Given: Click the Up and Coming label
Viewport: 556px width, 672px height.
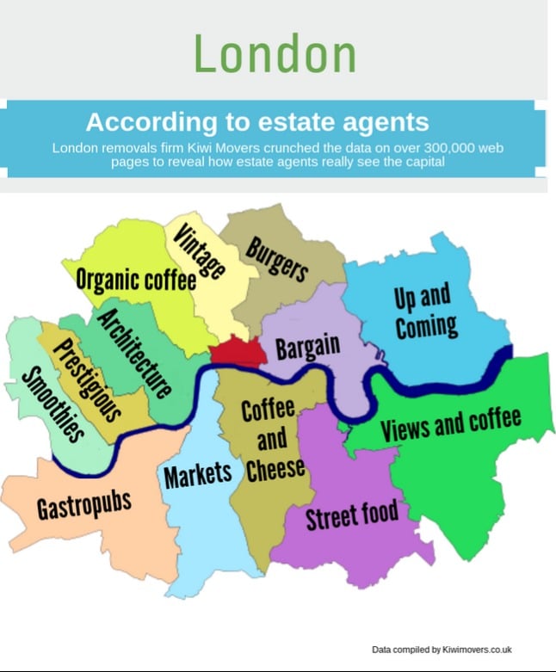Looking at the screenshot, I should click(x=424, y=311).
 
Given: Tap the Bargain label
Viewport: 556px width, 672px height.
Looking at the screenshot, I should click(x=307, y=348).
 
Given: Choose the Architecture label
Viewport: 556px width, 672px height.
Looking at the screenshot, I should click(x=133, y=352).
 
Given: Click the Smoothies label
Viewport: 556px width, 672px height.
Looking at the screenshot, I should click(x=53, y=404).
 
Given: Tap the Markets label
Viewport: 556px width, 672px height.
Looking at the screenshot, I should click(x=198, y=472).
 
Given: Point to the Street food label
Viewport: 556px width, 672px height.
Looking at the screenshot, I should click(x=352, y=515).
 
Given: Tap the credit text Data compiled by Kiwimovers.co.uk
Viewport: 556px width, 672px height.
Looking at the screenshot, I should click(x=442, y=649).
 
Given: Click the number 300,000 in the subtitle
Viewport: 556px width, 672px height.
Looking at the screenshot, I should click(x=447, y=148).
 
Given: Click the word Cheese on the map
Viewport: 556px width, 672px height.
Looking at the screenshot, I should click(x=275, y=468).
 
